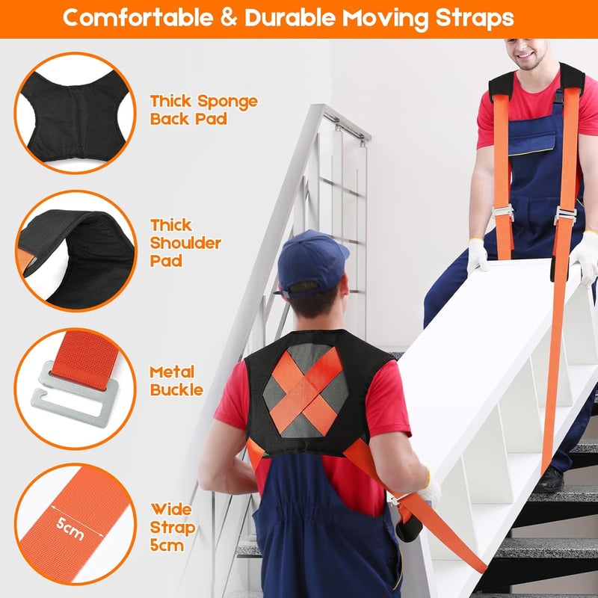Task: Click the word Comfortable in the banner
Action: click(138, 17)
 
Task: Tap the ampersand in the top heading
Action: click(229, 18)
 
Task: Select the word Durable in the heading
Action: click(289, 17)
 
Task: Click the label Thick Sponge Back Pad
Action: click(203, 110)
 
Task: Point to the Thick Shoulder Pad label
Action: click(185, 243)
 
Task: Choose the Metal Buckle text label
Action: click(176, 381)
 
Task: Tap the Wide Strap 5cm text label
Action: click(173, 528)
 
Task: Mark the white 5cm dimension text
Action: click(70, 528)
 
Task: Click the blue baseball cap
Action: click(310, 263)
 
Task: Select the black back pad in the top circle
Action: click(75, 117)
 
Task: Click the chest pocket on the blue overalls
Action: click(532, 140)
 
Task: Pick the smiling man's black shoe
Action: click(550, 480)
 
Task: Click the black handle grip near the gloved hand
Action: click(408, 528)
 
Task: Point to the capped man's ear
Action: click(344, 287)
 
